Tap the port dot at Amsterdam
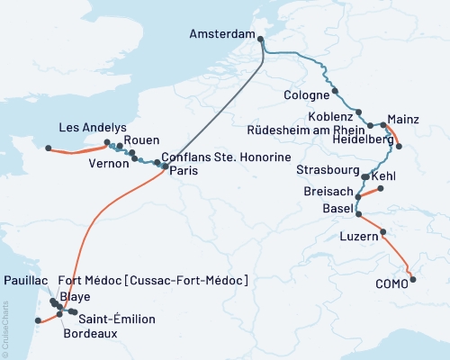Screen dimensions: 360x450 261,39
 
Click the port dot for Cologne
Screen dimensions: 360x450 335,91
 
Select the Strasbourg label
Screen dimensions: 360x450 328,169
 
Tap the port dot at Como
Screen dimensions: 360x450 413,280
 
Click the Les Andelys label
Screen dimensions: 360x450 92,127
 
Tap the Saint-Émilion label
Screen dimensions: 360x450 117,319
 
